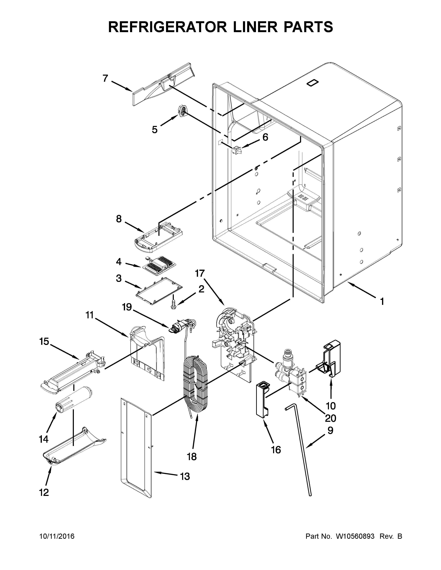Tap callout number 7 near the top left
pyautogui.click(x=105, y=78)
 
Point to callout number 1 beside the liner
pyautogui.click(x=382, y=302)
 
